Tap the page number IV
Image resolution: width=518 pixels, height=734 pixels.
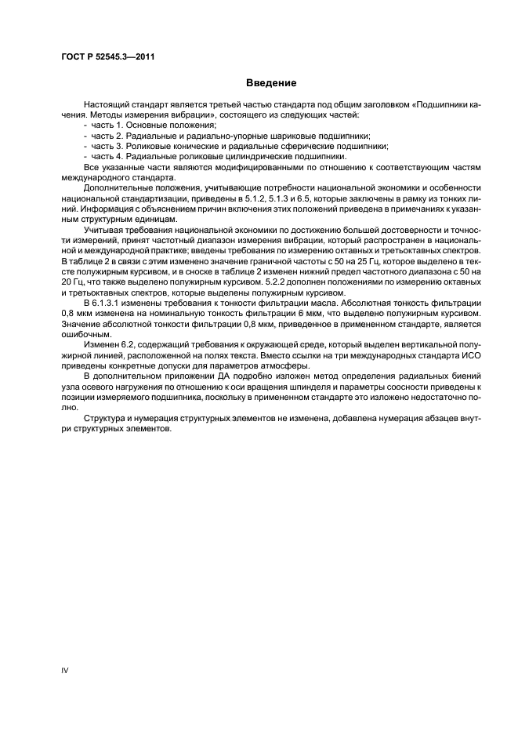pyautogui.click(x=65, y=670)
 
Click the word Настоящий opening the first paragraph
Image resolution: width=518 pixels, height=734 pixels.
pyautogui.click(x=105, y=104)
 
